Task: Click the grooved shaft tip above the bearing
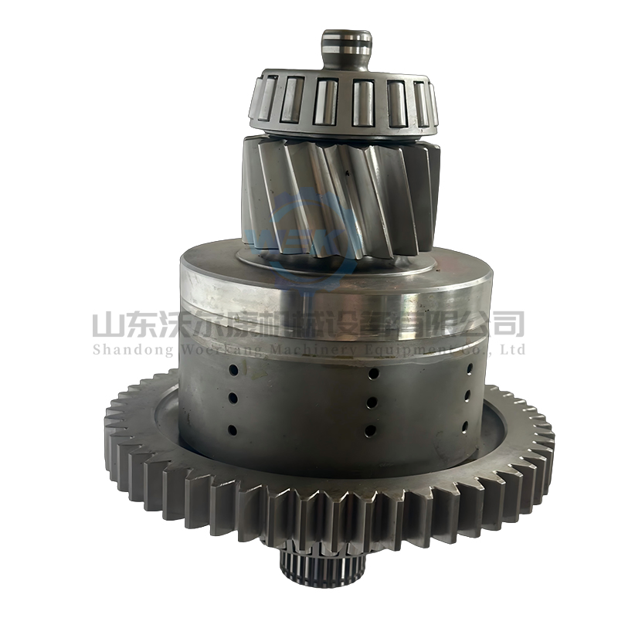click(347, 48)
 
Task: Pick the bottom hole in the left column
click(231, 430)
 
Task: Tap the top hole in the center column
click(373, 373)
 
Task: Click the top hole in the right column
click(469, 368)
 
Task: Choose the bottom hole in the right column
click(466, 426)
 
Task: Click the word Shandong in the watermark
click(125, 350)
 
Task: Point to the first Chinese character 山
click(107, 323)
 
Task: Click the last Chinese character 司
click(509, 323)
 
